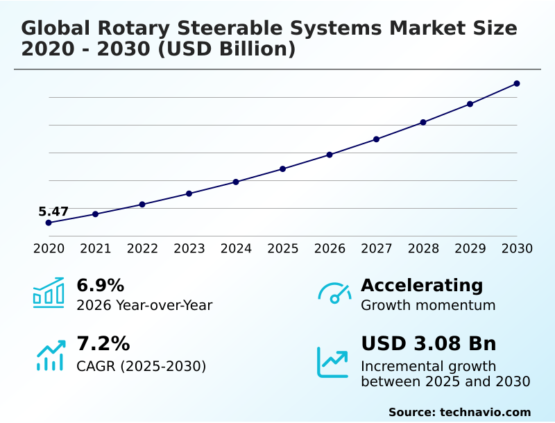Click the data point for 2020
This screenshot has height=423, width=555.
(x=49, y=223)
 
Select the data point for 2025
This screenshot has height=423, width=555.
(x=283, y=169)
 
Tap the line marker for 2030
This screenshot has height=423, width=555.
(x=517, y=84)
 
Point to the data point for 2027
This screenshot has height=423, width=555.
(x=377, y=139)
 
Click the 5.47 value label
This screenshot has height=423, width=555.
(x=53, y=211)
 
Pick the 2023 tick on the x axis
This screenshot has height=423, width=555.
(x=189, y=248)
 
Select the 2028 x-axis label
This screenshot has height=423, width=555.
(x=423, y=248)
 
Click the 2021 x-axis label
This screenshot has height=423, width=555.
(x=96, y=248)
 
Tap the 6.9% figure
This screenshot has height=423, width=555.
(x=100, y=285)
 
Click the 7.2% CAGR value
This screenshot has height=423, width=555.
(x=103, y=343)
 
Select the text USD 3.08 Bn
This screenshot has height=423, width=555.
(x=428, y=343)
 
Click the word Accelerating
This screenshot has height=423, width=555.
(x=421, y=285)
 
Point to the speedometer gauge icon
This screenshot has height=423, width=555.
(x=334, y=293)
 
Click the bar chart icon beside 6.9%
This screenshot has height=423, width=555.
(x=49, y=292)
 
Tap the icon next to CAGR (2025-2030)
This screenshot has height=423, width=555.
(x=50, y=354)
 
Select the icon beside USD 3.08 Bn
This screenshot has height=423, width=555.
(x=333, y=362)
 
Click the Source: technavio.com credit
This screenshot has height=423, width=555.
(x=459, y=412)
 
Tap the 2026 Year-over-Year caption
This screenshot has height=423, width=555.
(x=144, y=305)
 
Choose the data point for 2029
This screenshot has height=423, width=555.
(x=470, y=104)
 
